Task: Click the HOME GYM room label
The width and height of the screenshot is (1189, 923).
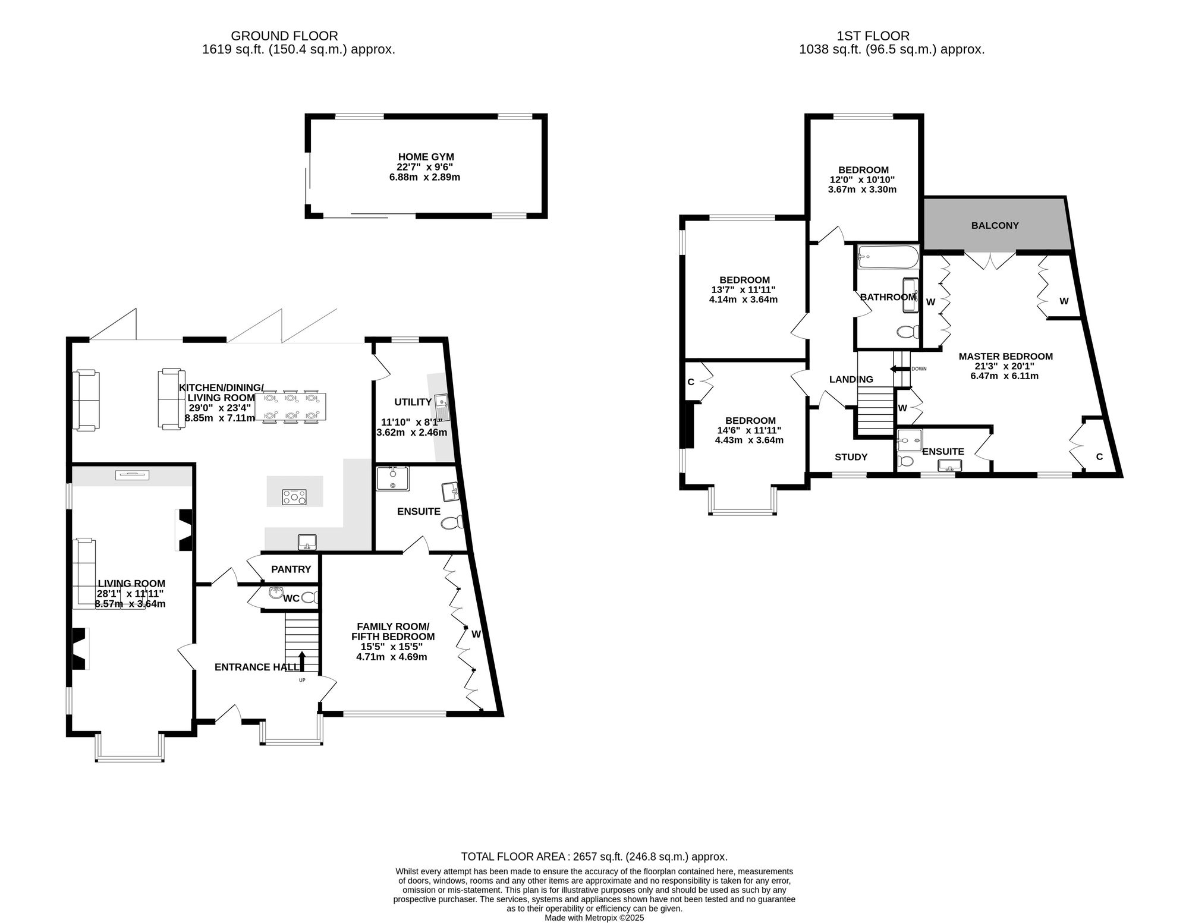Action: click(426, 157)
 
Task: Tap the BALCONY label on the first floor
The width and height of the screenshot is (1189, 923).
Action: click(995, 226)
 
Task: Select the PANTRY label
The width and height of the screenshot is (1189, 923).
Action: click(291, 569)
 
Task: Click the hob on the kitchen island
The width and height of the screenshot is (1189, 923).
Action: click(294, 497)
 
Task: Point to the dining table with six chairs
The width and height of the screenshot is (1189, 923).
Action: click(289, 407)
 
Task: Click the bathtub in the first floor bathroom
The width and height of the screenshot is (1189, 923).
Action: click(888, 257)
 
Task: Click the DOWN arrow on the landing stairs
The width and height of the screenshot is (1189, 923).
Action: click(899, 369)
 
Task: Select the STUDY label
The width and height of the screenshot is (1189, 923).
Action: click(851, 457)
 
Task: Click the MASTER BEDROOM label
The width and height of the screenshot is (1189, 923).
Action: click(1005, 357)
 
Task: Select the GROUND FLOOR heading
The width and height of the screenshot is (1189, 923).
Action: click(284, 36)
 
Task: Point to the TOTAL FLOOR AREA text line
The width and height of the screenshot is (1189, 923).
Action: click(594, 856)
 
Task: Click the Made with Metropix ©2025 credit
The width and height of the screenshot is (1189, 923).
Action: click(594, 918)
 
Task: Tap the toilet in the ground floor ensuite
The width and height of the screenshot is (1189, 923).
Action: click(453, 522)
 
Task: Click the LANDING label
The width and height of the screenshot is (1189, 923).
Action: click(851, 379)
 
